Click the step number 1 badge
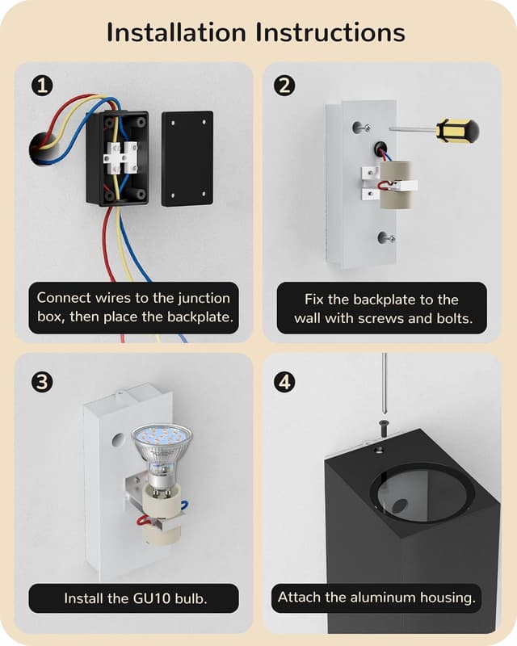(42, 86)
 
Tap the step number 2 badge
(284, 86)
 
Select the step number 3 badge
(42, 382)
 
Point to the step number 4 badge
(284, 382)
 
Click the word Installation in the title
(176, 32)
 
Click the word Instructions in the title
(330, 32)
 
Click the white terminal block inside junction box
(120, 157)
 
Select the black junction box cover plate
(187, 158)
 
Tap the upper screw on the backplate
(363, 128)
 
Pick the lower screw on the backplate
(388, 237)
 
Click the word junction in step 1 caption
(204, 298)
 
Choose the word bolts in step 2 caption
(452, 318)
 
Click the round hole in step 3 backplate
(119, 440)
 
